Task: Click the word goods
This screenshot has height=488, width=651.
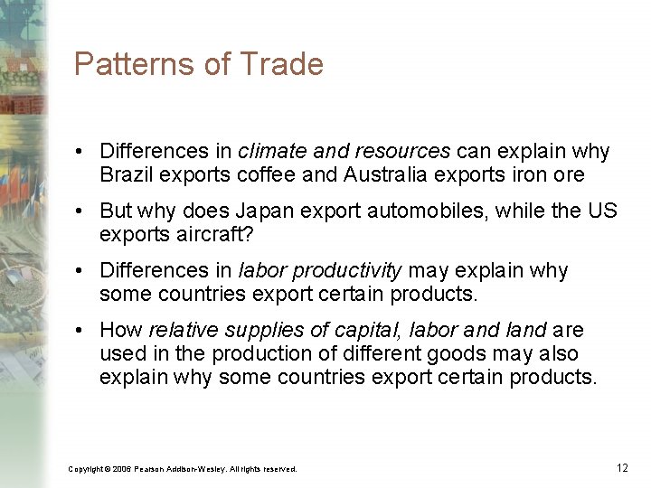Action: (434, 353)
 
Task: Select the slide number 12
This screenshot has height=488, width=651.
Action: (622, 467)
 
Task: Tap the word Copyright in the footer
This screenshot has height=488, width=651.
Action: (87, 469)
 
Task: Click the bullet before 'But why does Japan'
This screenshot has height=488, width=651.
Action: (81, 211)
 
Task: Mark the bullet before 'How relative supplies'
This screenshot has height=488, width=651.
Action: (81, 330)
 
